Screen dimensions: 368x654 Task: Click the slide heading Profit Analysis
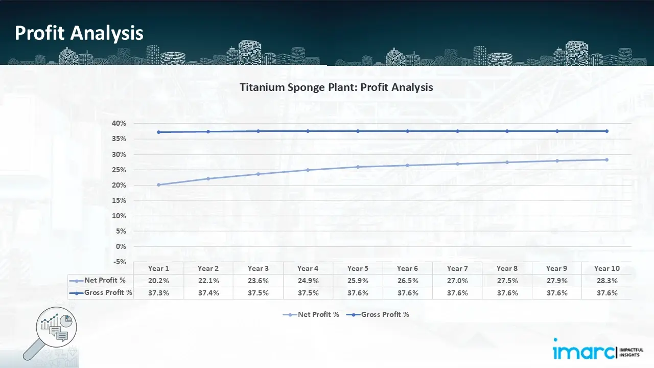(x=79, y=33)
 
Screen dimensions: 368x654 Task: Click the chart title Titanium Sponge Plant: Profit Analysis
(x=336, y=87)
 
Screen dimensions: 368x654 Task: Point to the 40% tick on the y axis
(x=119, y=124)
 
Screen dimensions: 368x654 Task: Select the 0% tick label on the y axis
(x=121, y=246)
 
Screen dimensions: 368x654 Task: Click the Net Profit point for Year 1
(x=159, y=185)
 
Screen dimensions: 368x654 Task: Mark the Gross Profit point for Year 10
(x=606, y=131)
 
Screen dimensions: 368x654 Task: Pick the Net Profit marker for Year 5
(x=358, y=167)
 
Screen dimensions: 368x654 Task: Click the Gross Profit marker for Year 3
(x=259, y=131)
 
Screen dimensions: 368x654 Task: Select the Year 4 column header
(x=308, y=268)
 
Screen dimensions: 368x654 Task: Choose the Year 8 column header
(x=507, y=268)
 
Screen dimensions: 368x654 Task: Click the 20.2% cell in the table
(x=159, y=281)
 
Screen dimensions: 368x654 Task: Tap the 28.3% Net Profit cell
(x=606, y=281)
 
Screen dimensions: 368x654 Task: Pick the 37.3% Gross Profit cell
(x=159, y=293)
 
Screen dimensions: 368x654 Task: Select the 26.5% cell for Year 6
(x=408, y=281)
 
